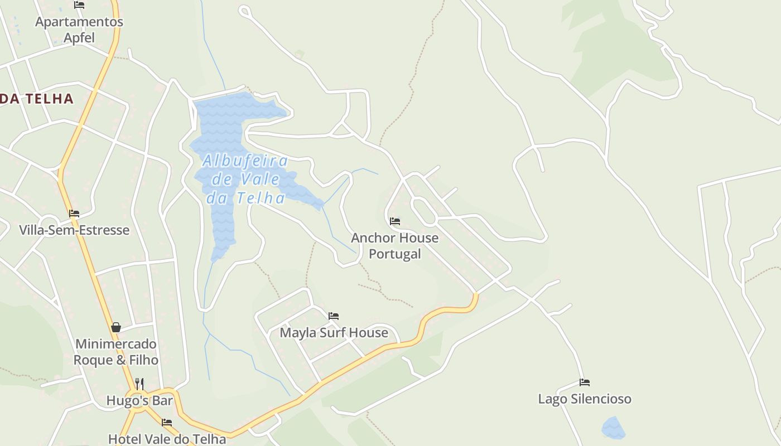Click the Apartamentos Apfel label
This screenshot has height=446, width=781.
[79, 30]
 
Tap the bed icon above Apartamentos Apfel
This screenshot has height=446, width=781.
[79, 5]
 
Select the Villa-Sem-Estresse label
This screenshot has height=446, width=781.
[74, 230]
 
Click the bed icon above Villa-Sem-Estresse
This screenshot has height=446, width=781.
[74, 214]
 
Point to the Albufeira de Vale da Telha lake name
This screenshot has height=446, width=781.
[245, 179]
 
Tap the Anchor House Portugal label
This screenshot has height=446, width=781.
[394, 246]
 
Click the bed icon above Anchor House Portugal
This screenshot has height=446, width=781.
[395, 221]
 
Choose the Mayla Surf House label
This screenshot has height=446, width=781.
[334, 333]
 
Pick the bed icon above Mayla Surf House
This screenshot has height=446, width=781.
[334, 316]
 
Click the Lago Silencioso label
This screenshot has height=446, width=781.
[585, 399]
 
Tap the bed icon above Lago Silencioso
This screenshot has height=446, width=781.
[585, 382]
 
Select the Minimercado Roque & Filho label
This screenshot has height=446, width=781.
[116, 352]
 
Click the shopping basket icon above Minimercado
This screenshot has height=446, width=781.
[116, 327]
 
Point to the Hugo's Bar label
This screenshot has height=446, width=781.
[139, 400]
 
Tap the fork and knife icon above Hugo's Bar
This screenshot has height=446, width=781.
[139, 384]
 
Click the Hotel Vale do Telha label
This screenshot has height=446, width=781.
[167, 439]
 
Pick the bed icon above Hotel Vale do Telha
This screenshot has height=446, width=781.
[167, 423]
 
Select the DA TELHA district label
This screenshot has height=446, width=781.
[37, 99]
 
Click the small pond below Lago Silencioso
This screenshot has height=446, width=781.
[613, 428]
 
